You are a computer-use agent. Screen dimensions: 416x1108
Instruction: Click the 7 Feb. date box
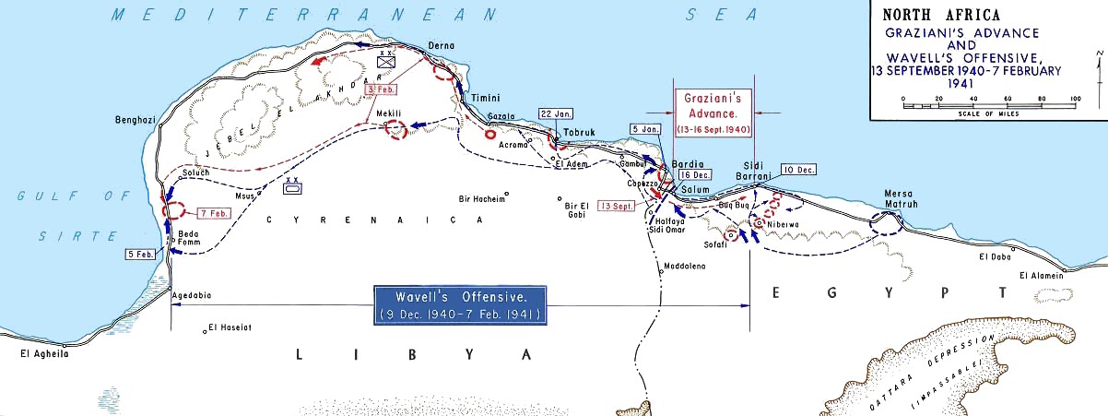212,213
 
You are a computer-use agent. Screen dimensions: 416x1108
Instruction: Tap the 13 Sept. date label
617,206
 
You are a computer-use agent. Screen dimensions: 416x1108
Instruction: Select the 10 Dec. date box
797,170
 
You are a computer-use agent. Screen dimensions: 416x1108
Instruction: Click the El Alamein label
1041,275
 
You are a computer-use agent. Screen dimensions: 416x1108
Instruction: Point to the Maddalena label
685,267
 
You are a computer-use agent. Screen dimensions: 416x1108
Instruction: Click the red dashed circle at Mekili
396,130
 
